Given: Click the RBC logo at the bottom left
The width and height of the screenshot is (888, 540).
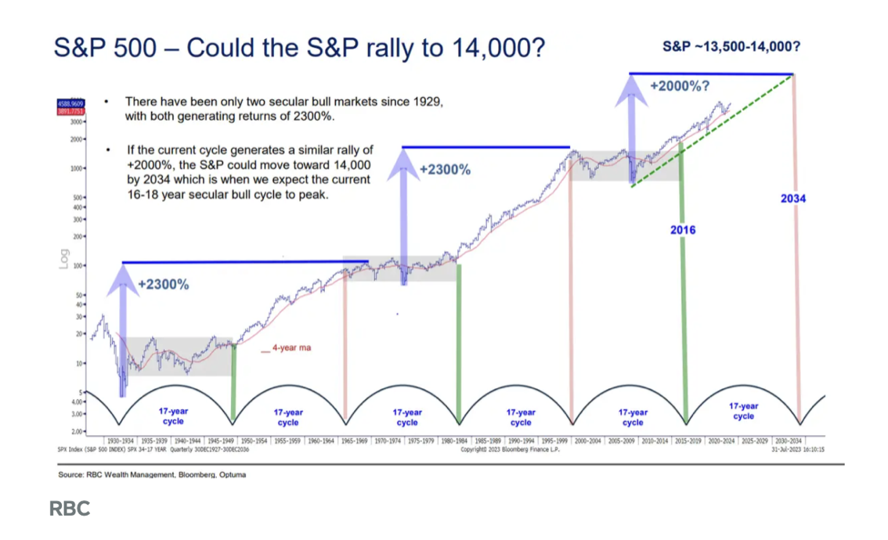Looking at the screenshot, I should (70, 509).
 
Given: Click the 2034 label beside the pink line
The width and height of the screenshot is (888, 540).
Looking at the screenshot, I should (792, 199).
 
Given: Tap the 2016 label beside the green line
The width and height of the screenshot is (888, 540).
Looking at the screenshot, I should (682, 230).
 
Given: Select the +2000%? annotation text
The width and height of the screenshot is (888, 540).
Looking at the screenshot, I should (680, 85).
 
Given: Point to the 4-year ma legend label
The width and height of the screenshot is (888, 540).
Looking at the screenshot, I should (291, 348).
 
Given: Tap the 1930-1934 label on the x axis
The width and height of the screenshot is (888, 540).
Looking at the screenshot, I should (121, 441).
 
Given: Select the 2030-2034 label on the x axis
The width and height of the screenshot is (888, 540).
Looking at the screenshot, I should (789, 441).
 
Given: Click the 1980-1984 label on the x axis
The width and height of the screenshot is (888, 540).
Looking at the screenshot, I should (455, 441).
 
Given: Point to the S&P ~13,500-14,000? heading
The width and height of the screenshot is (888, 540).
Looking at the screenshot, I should (731, 46).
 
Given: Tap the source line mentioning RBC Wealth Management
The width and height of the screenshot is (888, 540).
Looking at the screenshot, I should (151, 474).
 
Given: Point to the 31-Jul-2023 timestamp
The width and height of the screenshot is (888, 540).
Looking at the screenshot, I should (797, 450).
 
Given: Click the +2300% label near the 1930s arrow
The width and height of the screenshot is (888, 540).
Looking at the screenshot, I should (163, 285).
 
